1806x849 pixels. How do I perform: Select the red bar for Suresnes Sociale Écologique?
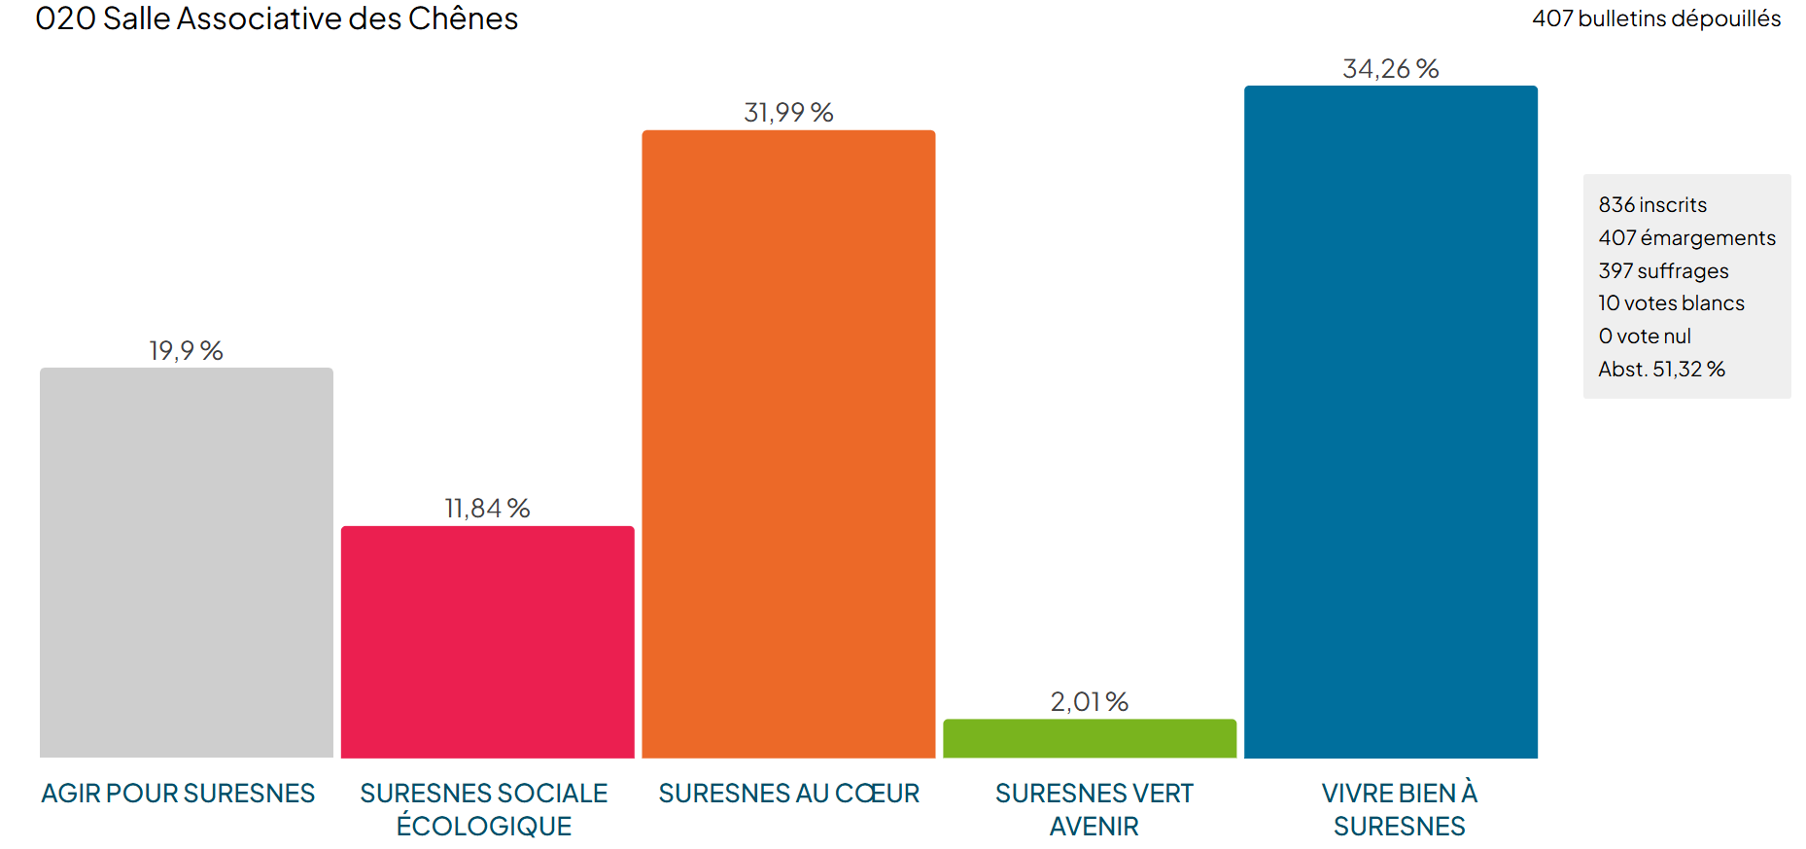(x=487, y=642)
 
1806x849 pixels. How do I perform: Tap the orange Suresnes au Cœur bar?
(x=788, y=443)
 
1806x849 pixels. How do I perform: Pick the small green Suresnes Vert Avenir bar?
(x=1089, y=738)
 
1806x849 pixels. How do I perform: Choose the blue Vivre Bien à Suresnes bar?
(x=1390, y=421)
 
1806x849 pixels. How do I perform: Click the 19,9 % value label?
(x=186, y=350)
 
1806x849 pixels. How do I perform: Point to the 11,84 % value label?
(x=487, y=508)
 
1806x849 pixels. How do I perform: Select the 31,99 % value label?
(x=788, y=113)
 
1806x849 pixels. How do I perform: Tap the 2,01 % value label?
(x=1089, y=701)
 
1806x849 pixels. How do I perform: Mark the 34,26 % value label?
(x=1390, y=69)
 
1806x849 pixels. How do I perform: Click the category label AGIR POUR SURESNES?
(x=178, y=794)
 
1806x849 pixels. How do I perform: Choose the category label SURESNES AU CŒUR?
(x=788, y=794)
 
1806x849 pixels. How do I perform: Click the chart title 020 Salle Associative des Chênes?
(x=277, y=18)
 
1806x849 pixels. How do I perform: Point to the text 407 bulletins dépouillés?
(x=1655, y=18)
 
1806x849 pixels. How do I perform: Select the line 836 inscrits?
(x=1651, y=205)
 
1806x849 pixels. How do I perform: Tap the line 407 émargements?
(x=1686, y=238)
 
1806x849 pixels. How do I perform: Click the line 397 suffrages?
(x=1663, y=270)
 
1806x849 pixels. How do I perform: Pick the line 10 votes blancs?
(x=1671, y=303)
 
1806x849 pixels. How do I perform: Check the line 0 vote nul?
(x=1645, y=336)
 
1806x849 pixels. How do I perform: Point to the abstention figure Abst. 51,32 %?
(x=1661, y=370)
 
